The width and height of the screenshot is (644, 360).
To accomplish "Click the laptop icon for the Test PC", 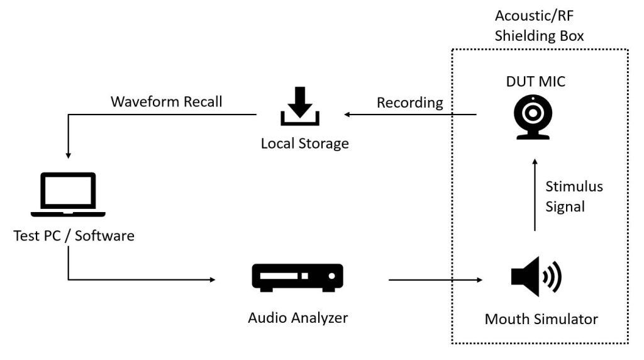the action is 68,194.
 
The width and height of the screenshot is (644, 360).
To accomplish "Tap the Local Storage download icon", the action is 300,106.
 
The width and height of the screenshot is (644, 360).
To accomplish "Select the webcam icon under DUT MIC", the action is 533,117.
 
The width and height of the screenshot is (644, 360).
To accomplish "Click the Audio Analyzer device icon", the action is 297,278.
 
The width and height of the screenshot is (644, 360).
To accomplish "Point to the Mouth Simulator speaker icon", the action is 536,276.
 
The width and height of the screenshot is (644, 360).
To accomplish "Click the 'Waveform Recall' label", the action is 166,101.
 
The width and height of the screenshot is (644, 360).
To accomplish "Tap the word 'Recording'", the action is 410,103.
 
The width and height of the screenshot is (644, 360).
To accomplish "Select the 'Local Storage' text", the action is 305,143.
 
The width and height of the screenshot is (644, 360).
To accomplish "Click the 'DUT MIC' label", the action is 536,81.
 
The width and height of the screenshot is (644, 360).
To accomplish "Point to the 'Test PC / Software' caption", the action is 74,236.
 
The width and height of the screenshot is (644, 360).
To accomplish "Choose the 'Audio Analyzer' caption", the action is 297,318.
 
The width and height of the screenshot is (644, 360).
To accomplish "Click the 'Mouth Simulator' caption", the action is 541,319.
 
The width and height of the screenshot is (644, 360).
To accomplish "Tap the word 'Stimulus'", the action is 574,186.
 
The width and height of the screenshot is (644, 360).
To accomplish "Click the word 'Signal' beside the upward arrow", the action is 565,206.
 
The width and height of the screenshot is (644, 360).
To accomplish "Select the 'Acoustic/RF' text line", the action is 534,16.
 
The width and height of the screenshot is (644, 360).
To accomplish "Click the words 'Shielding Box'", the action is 539,36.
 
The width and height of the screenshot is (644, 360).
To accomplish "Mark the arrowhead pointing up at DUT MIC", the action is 535,162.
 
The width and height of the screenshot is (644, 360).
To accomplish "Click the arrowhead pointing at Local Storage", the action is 347,115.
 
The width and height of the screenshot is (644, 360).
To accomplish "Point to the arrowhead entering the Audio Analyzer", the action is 213,280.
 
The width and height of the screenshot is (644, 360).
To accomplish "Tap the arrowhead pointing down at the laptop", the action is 68,155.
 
